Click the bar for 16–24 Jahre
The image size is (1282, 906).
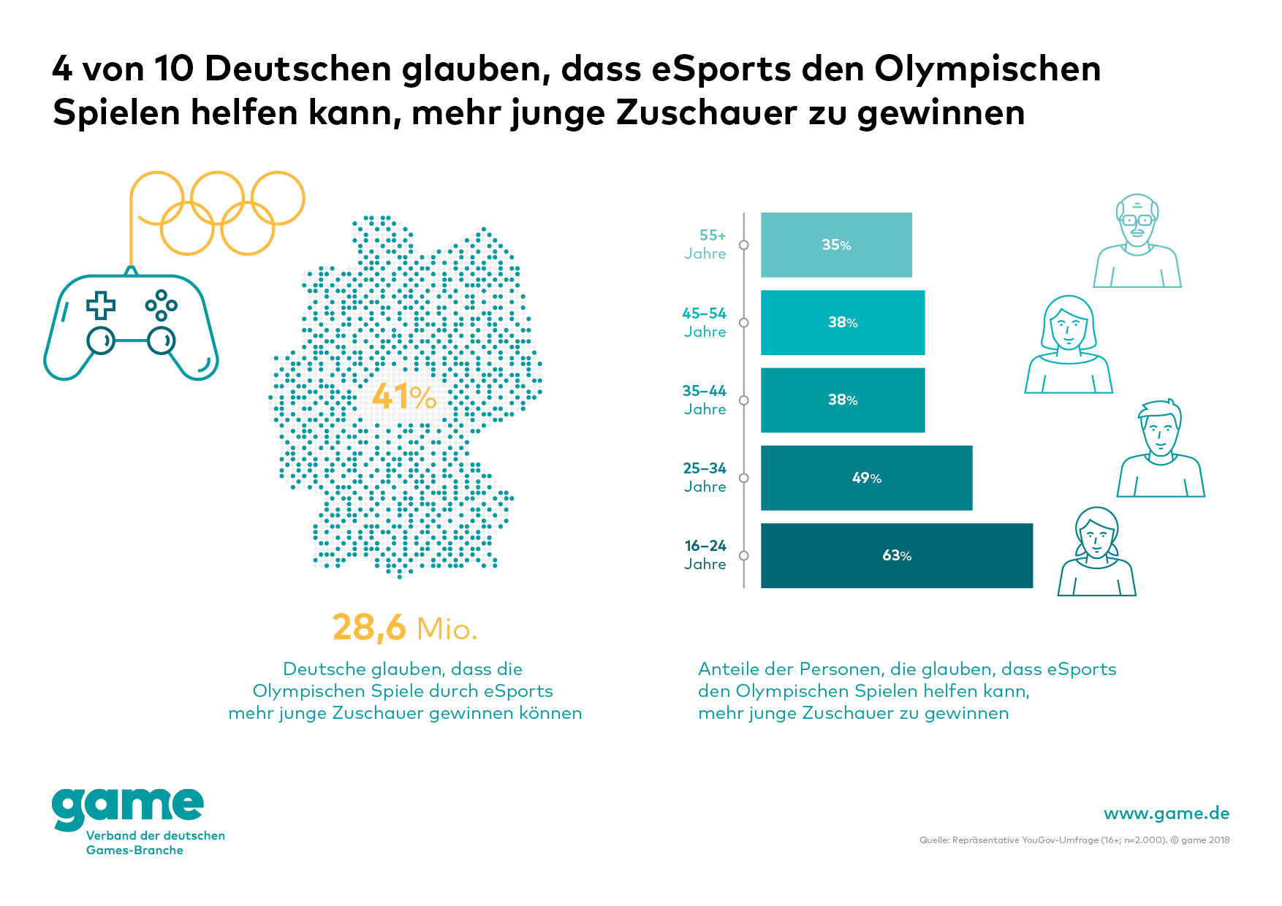tap(896, 555)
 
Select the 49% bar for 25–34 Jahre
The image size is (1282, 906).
tap(866, 478)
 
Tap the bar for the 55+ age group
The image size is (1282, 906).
tap(836, 245)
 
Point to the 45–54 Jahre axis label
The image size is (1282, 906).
tap(705, 322)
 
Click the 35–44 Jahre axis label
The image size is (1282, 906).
tap(705, 400)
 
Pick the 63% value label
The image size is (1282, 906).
tap(897, 555)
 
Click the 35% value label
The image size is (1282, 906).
tap(836, 245)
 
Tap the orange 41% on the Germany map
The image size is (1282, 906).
tap(403, 397)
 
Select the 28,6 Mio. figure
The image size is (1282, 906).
tap(405, 628)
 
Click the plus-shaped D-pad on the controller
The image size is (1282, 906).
tap(101, 305)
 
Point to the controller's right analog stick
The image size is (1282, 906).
tap(161, 340)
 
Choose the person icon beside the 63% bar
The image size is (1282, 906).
tap(1096, 552)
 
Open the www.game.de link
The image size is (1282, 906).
tap(1166, 813)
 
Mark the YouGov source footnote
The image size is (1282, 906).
tap(1074, 840)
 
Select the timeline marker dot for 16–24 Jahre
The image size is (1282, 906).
tap(744, 555)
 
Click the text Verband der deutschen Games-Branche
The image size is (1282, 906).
tap(155, 842)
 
